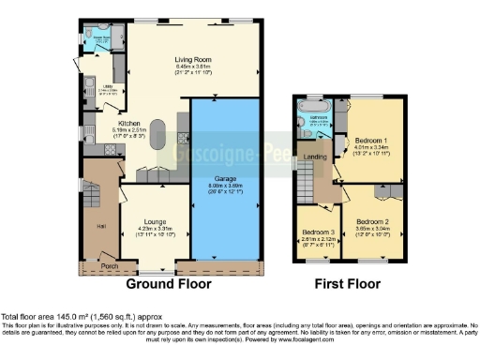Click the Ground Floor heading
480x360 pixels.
[x=169, y=284]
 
